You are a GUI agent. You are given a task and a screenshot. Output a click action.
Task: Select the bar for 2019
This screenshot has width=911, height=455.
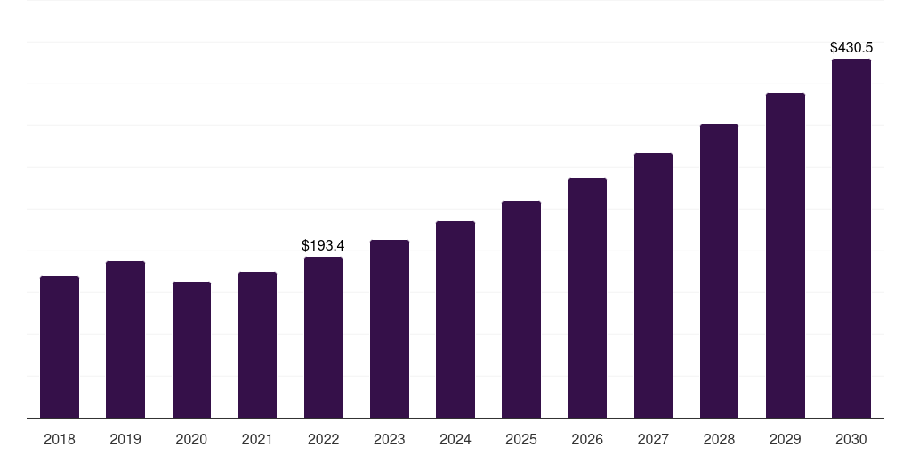click(125, 339)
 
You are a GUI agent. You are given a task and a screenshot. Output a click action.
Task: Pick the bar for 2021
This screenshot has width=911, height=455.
click(257, 345)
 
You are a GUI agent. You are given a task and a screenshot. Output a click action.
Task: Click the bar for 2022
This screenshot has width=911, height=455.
click(323, 337)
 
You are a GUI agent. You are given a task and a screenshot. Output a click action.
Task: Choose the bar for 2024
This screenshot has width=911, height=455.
click(455, 319)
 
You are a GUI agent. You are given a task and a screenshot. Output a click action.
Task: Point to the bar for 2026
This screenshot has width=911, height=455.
click(587, 298)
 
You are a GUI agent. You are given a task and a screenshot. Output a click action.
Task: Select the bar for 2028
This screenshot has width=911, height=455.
click(719, 271)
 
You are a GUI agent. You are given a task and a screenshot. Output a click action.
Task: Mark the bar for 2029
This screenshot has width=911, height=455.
click(785, 255)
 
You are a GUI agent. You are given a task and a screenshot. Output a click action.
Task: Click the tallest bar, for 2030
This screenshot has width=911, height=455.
click(851, 238)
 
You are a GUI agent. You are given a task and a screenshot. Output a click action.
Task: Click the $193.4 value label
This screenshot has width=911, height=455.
click(323, 245)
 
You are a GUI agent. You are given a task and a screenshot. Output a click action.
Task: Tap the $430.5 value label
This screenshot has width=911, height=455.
click(851, 47)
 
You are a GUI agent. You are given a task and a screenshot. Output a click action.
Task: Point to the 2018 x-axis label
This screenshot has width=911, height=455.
click(60, 439)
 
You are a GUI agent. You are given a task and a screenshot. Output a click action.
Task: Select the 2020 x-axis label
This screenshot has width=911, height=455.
click(191, 439)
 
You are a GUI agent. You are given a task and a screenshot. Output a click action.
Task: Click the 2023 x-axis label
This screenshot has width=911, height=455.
click(389, 439)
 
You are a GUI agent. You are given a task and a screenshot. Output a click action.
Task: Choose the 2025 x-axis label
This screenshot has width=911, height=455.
click(521, 439)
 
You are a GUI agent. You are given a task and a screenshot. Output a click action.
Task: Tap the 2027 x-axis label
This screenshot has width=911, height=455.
click(653, 439)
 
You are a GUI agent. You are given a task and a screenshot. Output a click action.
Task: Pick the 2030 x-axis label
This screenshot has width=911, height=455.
click(851, 439)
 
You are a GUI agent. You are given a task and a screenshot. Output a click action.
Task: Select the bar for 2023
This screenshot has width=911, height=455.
click(389, 329)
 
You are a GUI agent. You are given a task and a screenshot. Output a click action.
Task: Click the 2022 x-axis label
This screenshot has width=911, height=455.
click(323, 439)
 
